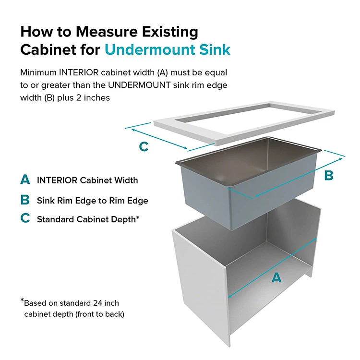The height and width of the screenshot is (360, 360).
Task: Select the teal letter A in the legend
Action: tap(25, 180)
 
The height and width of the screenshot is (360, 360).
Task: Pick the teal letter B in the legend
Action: tap(25, 200)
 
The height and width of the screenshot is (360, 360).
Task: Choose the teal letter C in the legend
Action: tap(25, 219)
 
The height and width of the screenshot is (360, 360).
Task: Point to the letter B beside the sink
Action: tap(328, 176)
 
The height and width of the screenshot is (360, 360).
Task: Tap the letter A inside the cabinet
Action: tap(276, 277)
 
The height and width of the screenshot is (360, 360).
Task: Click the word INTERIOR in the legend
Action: tap(57, 180)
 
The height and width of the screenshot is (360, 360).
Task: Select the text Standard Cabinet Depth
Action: tap(88, 219)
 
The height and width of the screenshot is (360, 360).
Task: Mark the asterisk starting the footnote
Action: tap(22, 301)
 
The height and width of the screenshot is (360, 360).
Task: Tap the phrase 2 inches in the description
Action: tap(94, 98)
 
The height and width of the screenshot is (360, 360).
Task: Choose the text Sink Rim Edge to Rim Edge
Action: tap(92, 200)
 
